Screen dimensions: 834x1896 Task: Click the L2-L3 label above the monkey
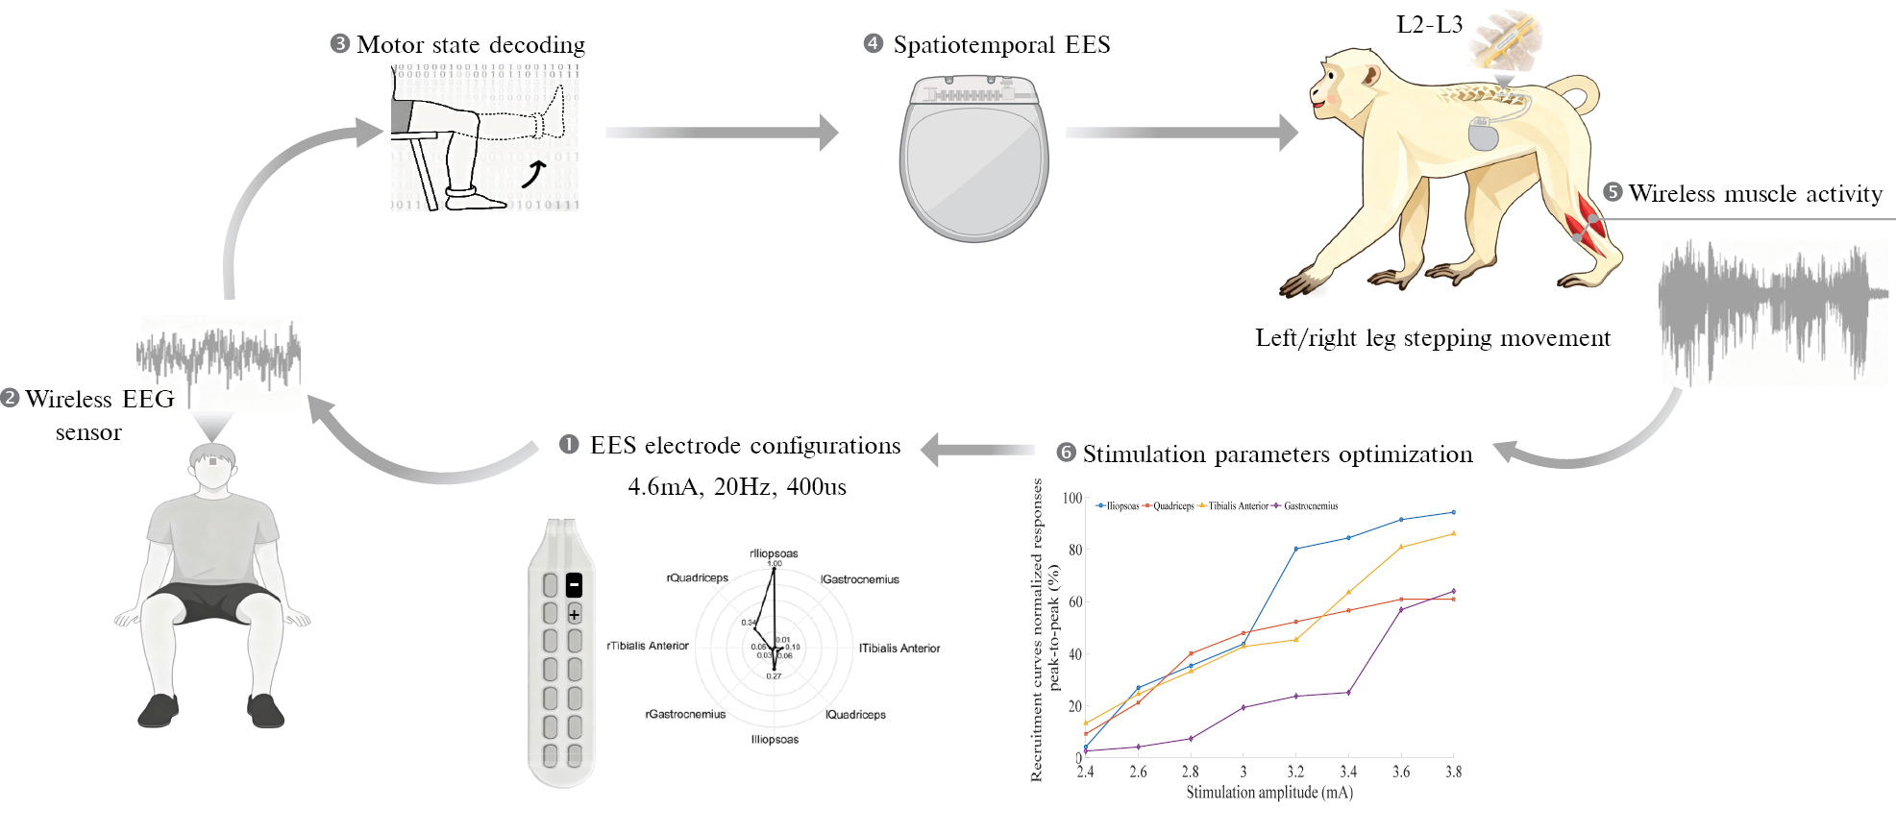(x=1429, y=25)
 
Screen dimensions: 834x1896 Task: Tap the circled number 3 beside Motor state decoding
(x=339, y=44)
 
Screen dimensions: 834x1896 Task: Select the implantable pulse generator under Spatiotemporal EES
(x=973, y=159)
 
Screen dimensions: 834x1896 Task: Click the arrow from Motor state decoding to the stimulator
(x=721, y=133)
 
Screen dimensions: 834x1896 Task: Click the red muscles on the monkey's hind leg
(x=1584, y=221)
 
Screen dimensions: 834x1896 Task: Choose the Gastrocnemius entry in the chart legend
(x=1310, y=506)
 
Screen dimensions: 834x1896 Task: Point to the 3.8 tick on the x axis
(x=1453, y=772)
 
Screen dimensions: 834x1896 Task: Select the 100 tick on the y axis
(x=1071, y=498)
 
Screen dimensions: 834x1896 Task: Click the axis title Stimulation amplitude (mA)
(x=1268, y=793)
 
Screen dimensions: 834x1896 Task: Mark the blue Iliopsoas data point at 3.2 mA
(x=1295, y=549)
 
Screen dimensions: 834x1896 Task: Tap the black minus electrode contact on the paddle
(x=575, y=584)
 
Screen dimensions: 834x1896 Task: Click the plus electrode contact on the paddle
(x=575, y=614)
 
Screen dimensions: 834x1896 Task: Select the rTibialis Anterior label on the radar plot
(x=648, y=646)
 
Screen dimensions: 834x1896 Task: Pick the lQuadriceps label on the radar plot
(x=855, y=715)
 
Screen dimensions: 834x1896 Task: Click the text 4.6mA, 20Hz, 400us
(x=737, y=487)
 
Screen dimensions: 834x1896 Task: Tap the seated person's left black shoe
(x=265, y=711)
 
